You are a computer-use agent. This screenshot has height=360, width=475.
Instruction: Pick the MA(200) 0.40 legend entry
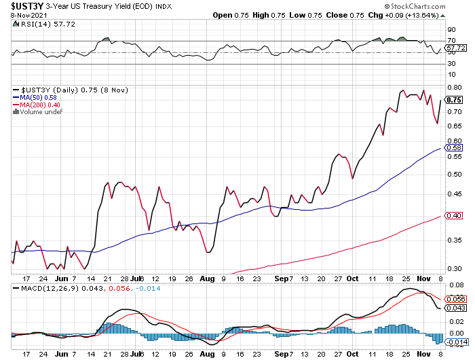[37, 105]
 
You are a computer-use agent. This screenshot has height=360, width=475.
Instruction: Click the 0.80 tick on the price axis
[454, 88]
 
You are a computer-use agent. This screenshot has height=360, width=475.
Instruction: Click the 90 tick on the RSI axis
[451, 30]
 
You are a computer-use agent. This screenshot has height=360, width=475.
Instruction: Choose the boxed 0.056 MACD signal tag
[455, 300]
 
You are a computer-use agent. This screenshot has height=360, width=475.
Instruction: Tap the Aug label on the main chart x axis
[208, 278]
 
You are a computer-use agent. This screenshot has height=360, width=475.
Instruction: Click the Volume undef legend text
[38, 112]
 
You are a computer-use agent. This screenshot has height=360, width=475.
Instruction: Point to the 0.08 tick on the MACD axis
[454, 285]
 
